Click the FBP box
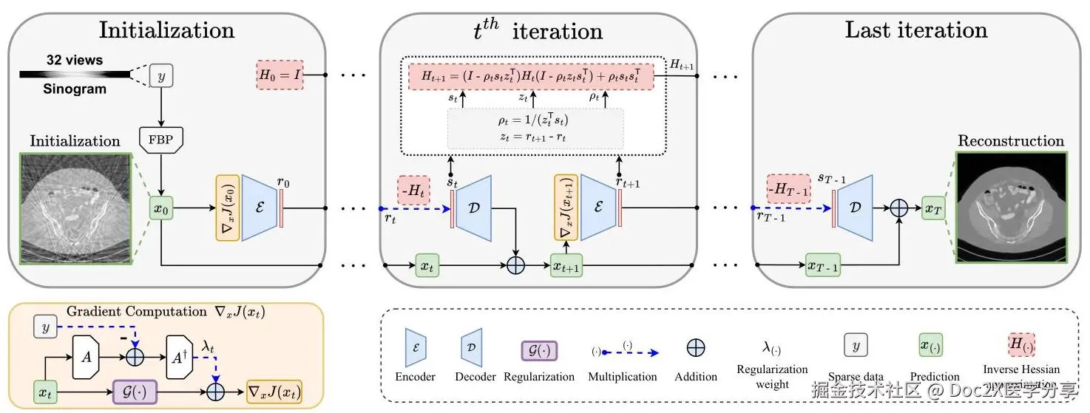[160, 139]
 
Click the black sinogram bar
[74, 74]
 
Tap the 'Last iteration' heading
[915, 30]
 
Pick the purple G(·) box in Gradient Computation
[135, 389]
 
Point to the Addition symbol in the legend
[695, 348]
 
